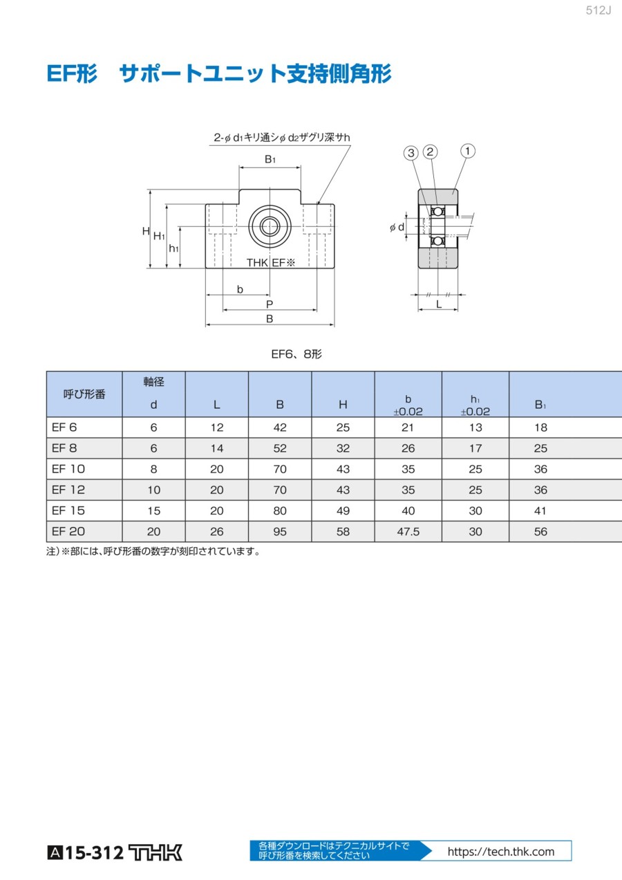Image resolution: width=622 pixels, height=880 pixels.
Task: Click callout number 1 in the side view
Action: click(467, 151)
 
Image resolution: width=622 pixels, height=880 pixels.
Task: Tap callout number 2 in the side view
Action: click(430, 152)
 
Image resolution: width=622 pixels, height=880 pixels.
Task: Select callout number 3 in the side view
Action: click(411, 153)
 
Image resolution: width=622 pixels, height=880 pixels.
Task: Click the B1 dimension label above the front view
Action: click(270, 159)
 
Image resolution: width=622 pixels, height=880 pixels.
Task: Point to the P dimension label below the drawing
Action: click(270, 304)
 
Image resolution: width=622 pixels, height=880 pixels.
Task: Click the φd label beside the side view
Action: click(397, 227)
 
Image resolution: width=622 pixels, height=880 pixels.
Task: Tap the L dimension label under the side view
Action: click(439, 304)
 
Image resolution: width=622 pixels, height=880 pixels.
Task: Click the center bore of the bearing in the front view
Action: click(270, 226)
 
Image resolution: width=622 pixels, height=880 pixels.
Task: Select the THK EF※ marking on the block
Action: click(270, 262)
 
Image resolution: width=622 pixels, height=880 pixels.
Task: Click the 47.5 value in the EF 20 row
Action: click(408, 531)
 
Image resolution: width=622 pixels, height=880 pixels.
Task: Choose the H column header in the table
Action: click(343, 404)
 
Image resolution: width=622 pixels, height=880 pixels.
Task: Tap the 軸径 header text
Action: click(153, 381)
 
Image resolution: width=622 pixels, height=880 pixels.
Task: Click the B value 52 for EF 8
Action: click(280, 448)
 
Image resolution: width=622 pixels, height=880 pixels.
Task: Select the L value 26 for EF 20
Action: click(216, 531)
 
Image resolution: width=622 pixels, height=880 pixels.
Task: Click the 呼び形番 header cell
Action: click(84, 394)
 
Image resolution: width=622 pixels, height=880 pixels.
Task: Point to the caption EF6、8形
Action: click(296, 354)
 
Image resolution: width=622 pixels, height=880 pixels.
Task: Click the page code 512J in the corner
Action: click(599, 10)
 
